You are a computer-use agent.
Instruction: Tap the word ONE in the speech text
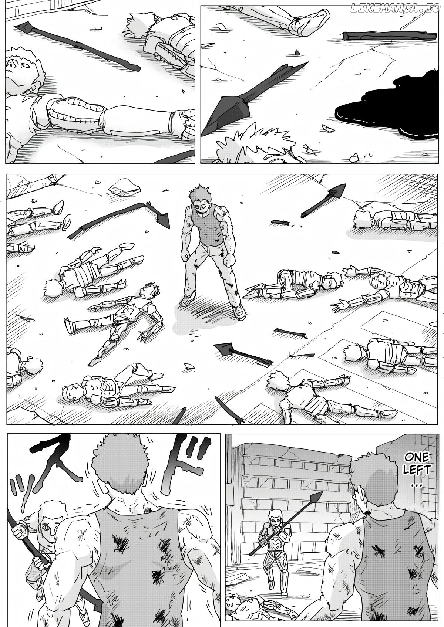[x=417, y=457]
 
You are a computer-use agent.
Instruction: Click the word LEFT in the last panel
[x=417, y=470]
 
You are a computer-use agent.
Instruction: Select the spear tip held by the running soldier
[x=316, y=497]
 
